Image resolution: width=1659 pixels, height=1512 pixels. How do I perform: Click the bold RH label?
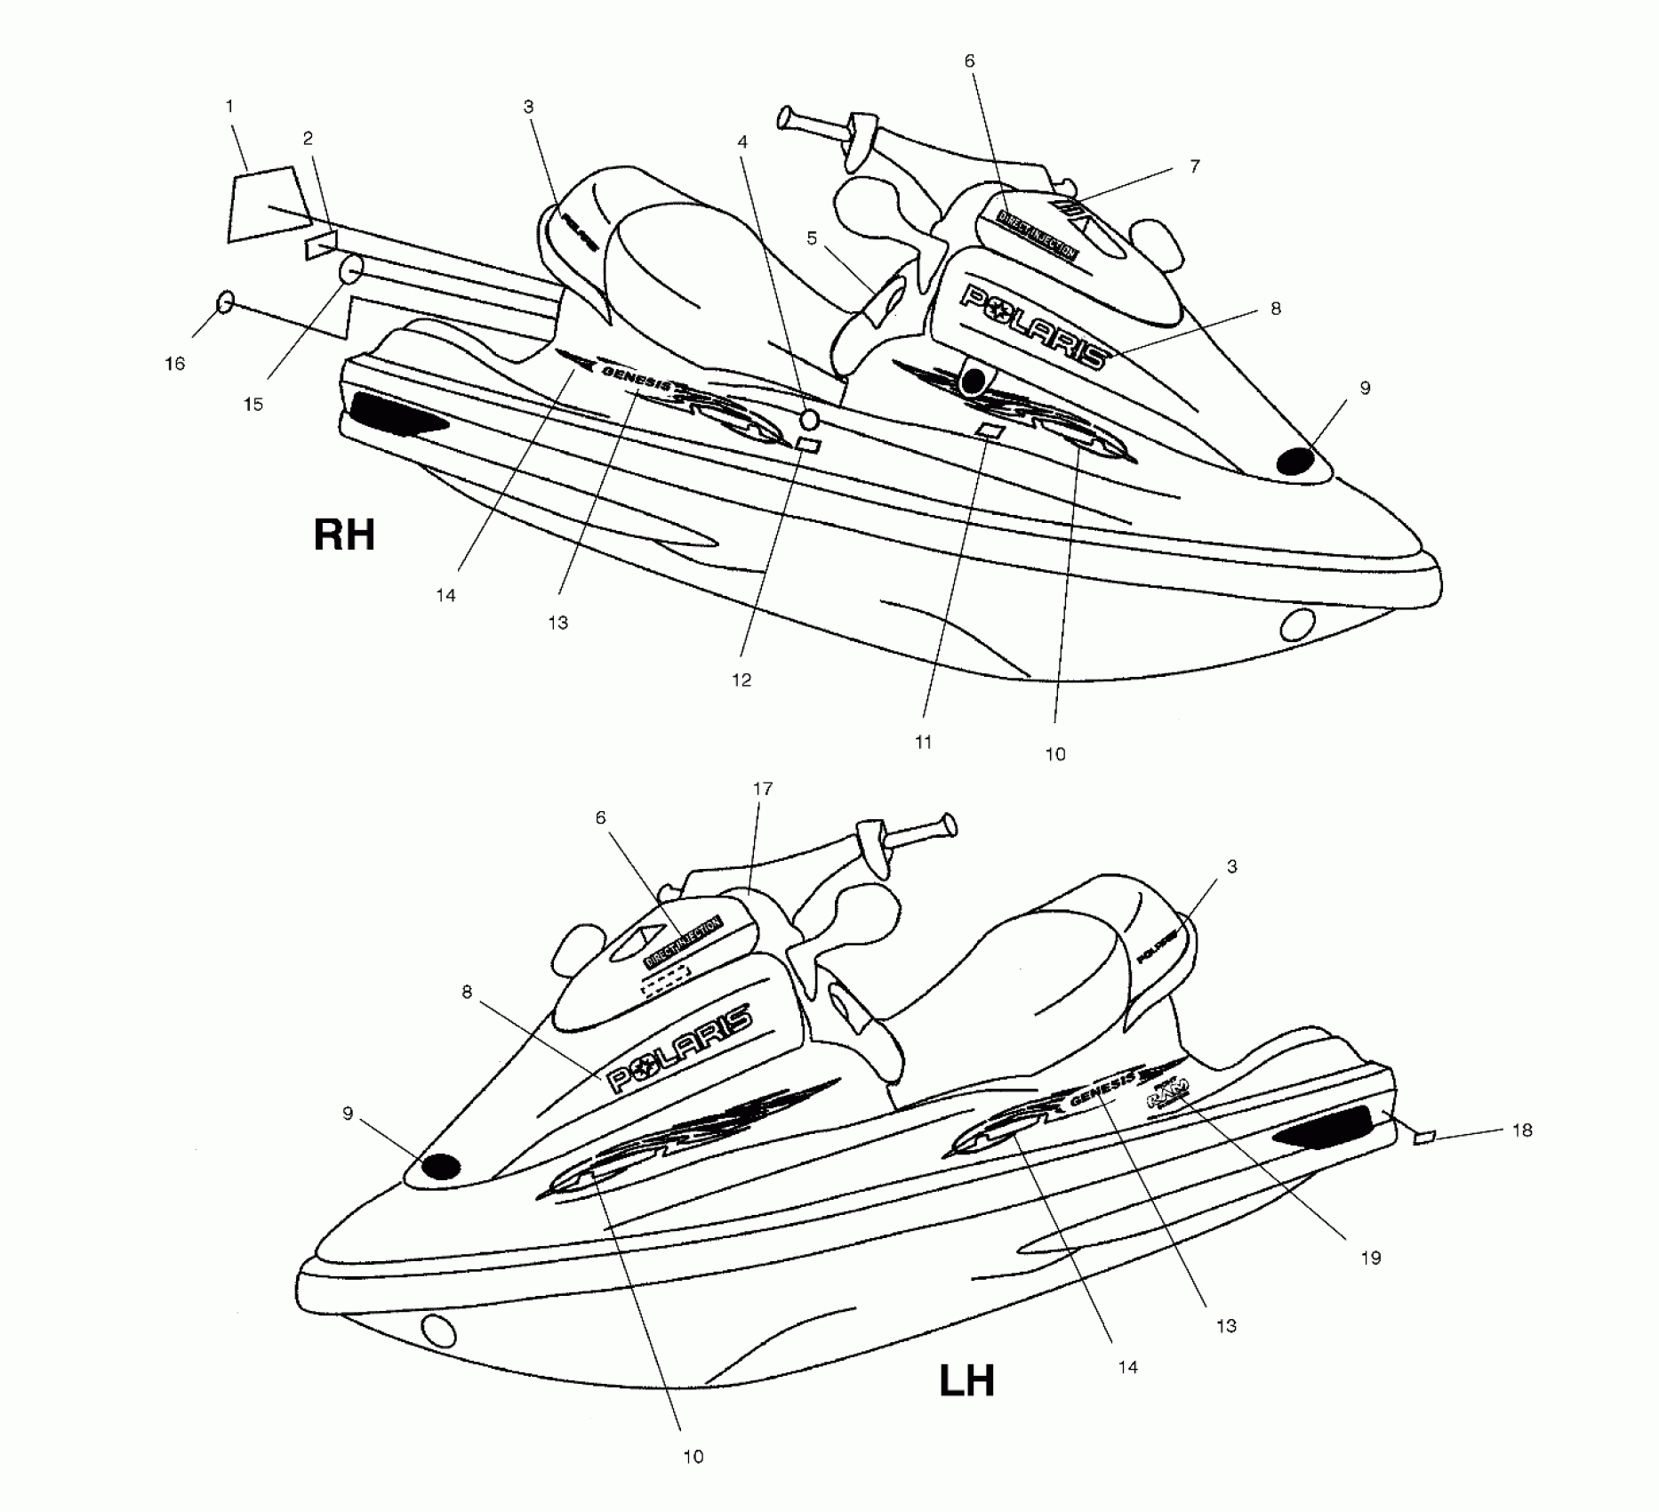(x=344, y=535)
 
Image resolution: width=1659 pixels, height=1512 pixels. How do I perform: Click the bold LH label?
(x=966, y=1381)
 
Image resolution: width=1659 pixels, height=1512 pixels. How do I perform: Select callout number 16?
(x=175, y=364)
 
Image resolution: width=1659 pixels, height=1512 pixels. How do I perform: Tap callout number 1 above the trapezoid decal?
(x=229, y=107)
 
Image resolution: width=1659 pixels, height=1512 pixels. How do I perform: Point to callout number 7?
(x=1195, y=166)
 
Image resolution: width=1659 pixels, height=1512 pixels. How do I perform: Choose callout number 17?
(x=763, y=789)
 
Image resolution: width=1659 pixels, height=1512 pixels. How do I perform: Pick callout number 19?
(x=1371, y=1258)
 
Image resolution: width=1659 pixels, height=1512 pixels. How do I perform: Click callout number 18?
(x=1522, y=1130)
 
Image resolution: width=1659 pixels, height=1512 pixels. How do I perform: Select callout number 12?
(x=741, y=680)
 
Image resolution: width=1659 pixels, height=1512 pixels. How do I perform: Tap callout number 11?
(x=923, y=742)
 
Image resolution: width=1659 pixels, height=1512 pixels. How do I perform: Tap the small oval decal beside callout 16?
(x=226, y=302)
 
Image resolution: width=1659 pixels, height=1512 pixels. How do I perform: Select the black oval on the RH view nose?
(x=1295, y=461)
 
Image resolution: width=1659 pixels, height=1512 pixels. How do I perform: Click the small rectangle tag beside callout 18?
(x=1424, y=1138)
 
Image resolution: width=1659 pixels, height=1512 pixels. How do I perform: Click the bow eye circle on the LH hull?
(x=438, y=1331)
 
